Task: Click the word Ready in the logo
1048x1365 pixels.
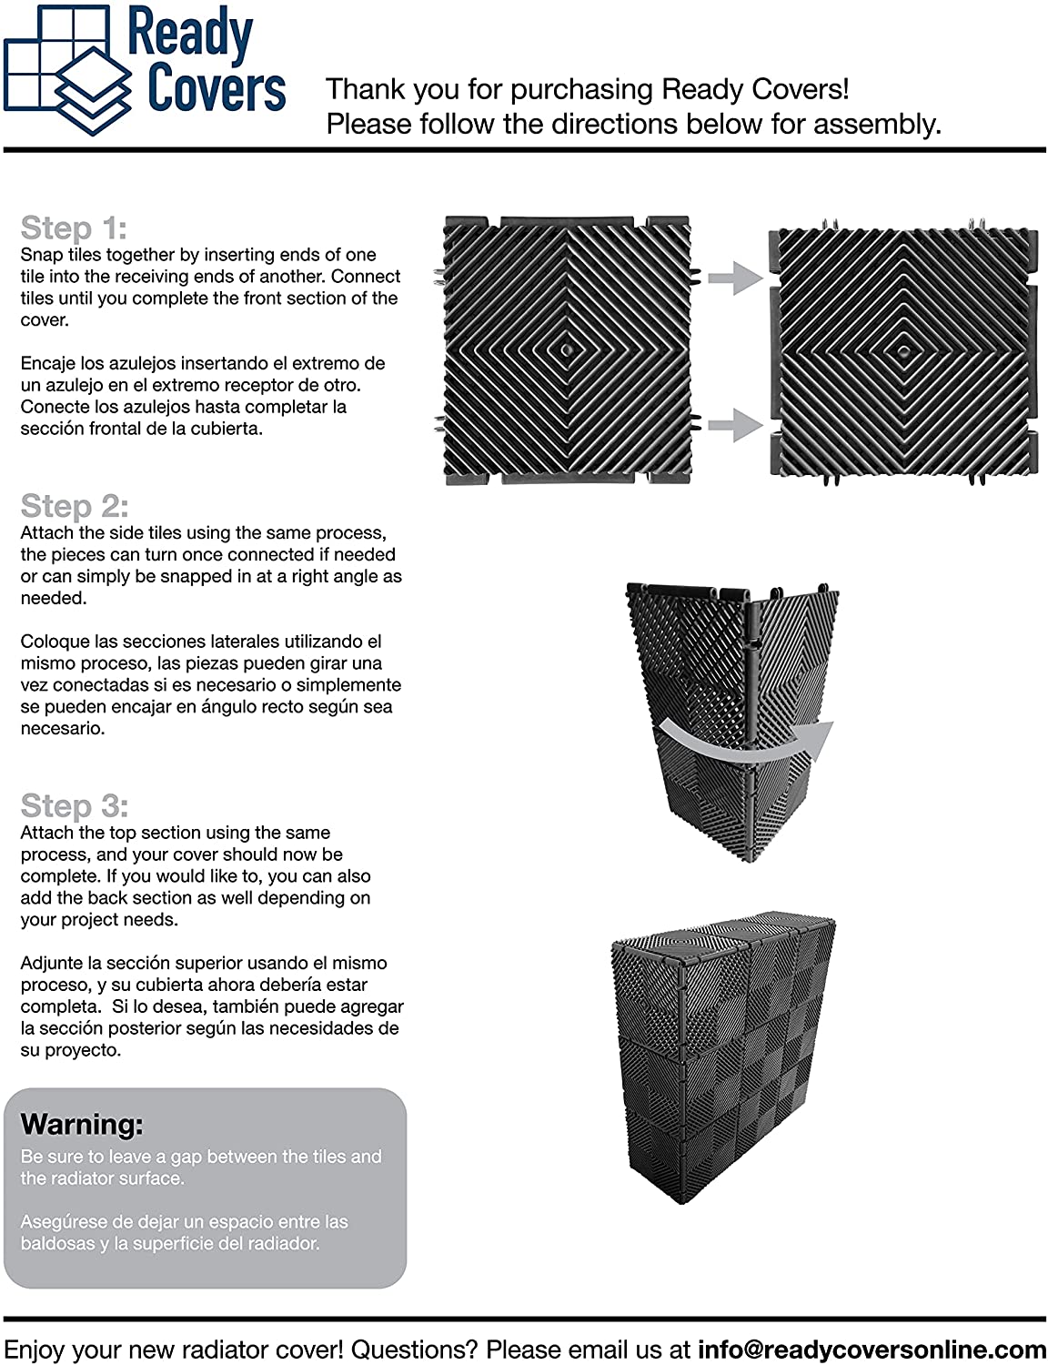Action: [x=190, y=35]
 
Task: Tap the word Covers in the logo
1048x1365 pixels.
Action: [x=217, y=89]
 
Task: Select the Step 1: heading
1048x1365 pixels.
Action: [x=74, y=227]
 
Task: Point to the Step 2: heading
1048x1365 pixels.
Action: [x=75, y=506]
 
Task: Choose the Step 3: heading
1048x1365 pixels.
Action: [x=75, y=805]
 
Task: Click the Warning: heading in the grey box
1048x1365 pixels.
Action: [x=82, y=1125]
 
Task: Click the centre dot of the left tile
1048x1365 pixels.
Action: [x=567, y=348]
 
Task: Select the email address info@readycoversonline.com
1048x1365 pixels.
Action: [x=872, y=1349]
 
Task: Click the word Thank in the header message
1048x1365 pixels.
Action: [x=363, y=89]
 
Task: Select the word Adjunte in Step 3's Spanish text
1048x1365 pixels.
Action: [x=54, y=963]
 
